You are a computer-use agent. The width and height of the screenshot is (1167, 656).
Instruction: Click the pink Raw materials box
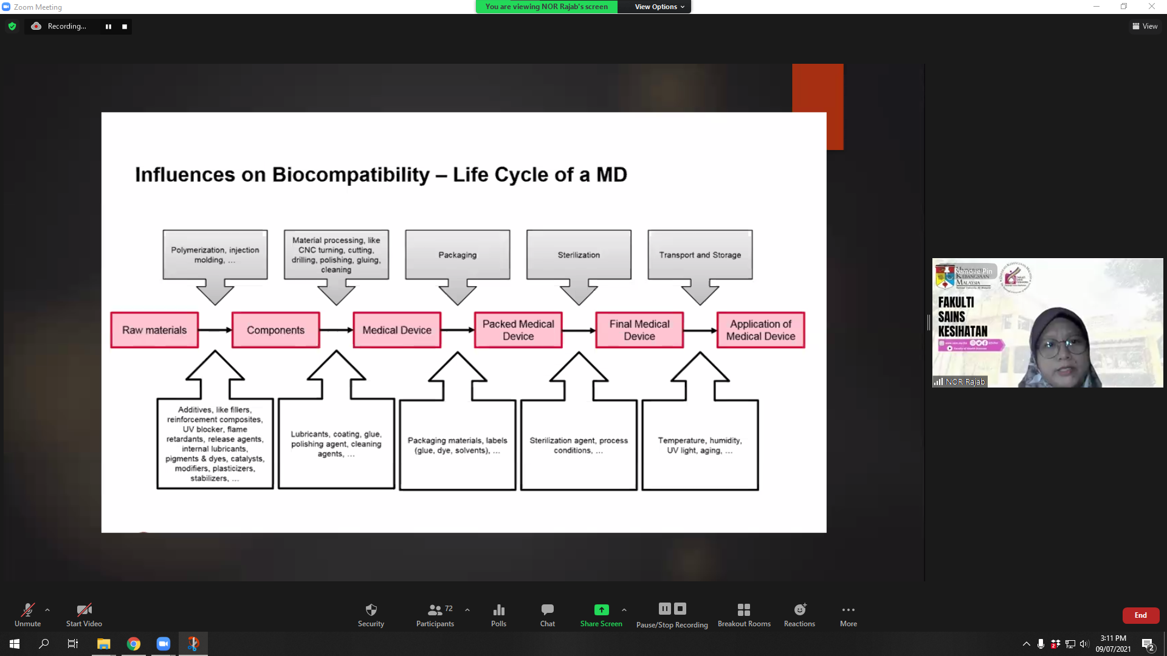(x=154, y=330)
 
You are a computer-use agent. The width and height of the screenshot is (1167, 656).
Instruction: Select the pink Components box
(x=275, y=330)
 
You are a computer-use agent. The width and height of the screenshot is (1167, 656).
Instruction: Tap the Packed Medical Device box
(x=518, y=330)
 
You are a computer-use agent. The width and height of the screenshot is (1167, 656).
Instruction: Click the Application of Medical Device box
(x=760, y=330)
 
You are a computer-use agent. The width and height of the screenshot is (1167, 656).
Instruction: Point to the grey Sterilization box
(x=579, y=255)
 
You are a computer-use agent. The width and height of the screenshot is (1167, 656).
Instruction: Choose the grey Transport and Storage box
(x=700, y=255)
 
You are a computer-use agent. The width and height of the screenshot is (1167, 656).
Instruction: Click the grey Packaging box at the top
(x=458, y=255)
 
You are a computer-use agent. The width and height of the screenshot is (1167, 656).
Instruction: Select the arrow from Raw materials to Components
(x=215, y=330)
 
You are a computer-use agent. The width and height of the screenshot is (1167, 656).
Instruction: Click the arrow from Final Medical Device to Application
(x=700, y=330)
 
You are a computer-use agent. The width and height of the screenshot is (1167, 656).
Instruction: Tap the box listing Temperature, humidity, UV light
(x=700, y=445)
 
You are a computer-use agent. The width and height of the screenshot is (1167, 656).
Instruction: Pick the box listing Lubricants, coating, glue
(x=336, y=444)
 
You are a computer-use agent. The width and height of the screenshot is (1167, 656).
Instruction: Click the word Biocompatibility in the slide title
(x=351, y=175)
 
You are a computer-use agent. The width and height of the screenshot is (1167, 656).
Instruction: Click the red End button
(x=1140, y=615)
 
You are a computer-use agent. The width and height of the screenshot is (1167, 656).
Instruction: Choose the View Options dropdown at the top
(x=659, y=7)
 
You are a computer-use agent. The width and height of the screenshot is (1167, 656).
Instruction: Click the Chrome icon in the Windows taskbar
(x=134, y=644)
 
